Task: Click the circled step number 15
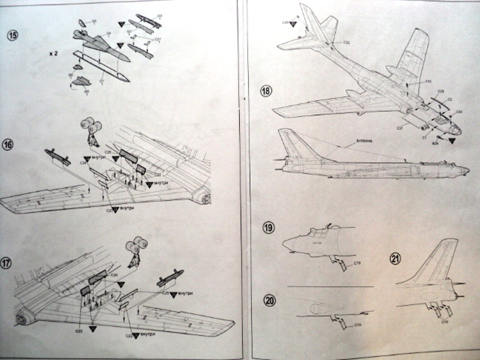click(13, 36)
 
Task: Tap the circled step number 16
click(7, 145)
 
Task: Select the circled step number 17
click(5, 263)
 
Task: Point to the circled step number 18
click(266, 91)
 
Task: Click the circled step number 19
click(268, 228)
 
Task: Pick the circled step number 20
click(270, 300)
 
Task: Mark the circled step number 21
click(395, 258)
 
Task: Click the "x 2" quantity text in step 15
click(53, 53)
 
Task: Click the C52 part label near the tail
click(346, 43)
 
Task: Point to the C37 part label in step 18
click(399, 127)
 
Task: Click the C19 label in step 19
click(357, 263)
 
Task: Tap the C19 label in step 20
click(358, 324)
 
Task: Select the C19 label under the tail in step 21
click(444, 322)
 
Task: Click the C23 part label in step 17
click(79, 331)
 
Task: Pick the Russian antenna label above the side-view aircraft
click(364, 141)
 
